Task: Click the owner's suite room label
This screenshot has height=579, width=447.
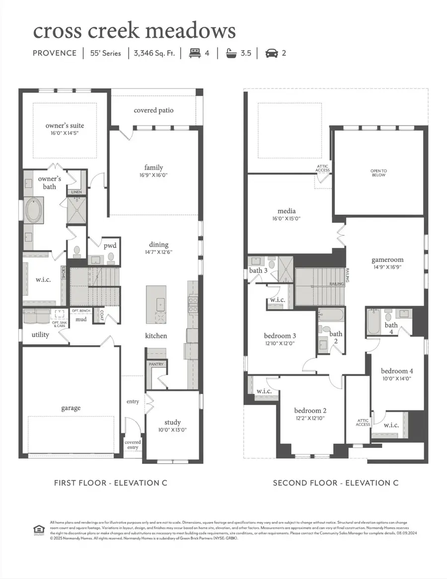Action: point(62,126)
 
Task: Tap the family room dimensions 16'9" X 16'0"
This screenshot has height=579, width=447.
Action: point(153,175)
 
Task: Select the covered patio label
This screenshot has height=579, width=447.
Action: point(153,110)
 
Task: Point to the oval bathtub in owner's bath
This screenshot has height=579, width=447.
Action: point(34,210)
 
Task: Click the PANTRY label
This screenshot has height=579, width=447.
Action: point(156,364)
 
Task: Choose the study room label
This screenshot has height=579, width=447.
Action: point(172,422)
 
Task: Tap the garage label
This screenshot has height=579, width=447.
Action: point(71,408)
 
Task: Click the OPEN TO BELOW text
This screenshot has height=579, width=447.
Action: point(378,173)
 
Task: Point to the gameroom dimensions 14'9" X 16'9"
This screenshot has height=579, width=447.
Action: point(387,266)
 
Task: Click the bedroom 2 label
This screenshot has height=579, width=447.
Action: point(310,410)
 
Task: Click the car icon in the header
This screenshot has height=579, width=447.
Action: point(271,53)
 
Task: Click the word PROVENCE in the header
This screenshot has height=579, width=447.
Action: point(55,53)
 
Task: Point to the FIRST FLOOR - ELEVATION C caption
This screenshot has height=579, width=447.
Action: point(110,483)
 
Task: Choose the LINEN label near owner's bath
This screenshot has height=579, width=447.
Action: point(77,192)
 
